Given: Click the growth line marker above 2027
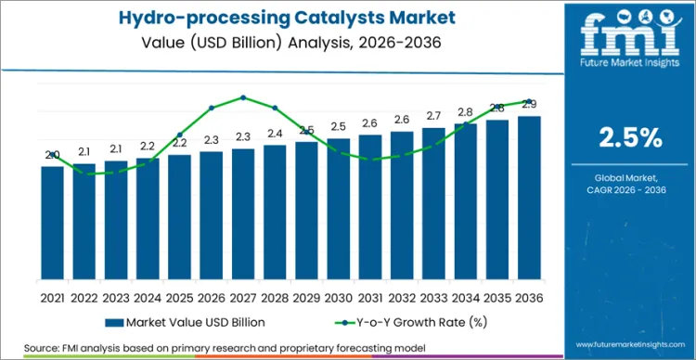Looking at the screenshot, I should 243,97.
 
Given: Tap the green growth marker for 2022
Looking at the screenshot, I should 84,174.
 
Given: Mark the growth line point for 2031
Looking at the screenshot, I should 370,159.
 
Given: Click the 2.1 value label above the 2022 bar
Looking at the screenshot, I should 84,151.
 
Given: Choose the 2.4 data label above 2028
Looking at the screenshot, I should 275,134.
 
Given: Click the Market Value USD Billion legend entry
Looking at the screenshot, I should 186,321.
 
